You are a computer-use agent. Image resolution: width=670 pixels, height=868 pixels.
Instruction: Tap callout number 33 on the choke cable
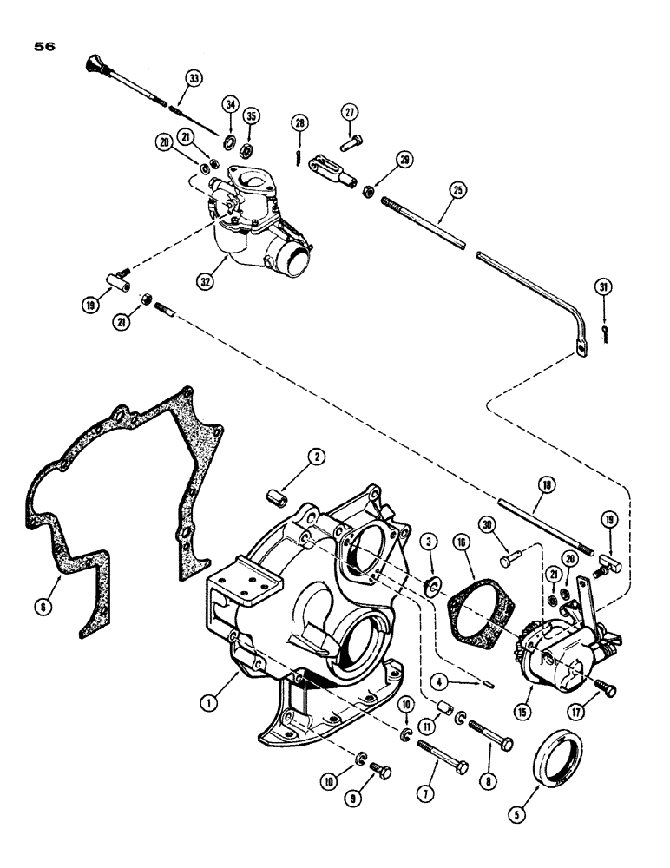pyautogui.click(x=193, y=79)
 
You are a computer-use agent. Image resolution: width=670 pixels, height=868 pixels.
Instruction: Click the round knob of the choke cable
pyautogui.click(x=95, y=62)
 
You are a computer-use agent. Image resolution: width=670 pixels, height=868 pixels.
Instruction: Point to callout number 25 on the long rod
pyautogui.click(x=456, y=188)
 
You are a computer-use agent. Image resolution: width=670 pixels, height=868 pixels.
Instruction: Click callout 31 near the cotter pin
pyautogui.click(x=602, y=287)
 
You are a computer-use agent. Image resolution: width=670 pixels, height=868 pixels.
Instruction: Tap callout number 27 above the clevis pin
pyautogui.click(x=349, y=113)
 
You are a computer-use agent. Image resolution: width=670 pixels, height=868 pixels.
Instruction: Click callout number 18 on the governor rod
pyautogui.click(x=547, y=483)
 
